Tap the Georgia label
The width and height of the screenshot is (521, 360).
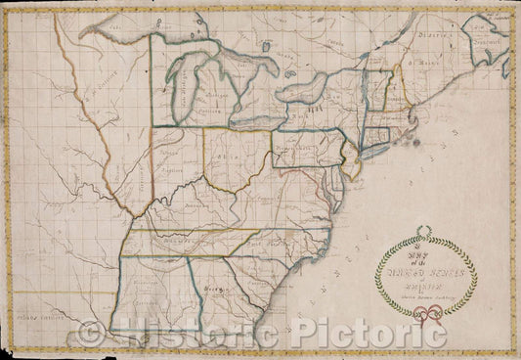pos(217,291)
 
